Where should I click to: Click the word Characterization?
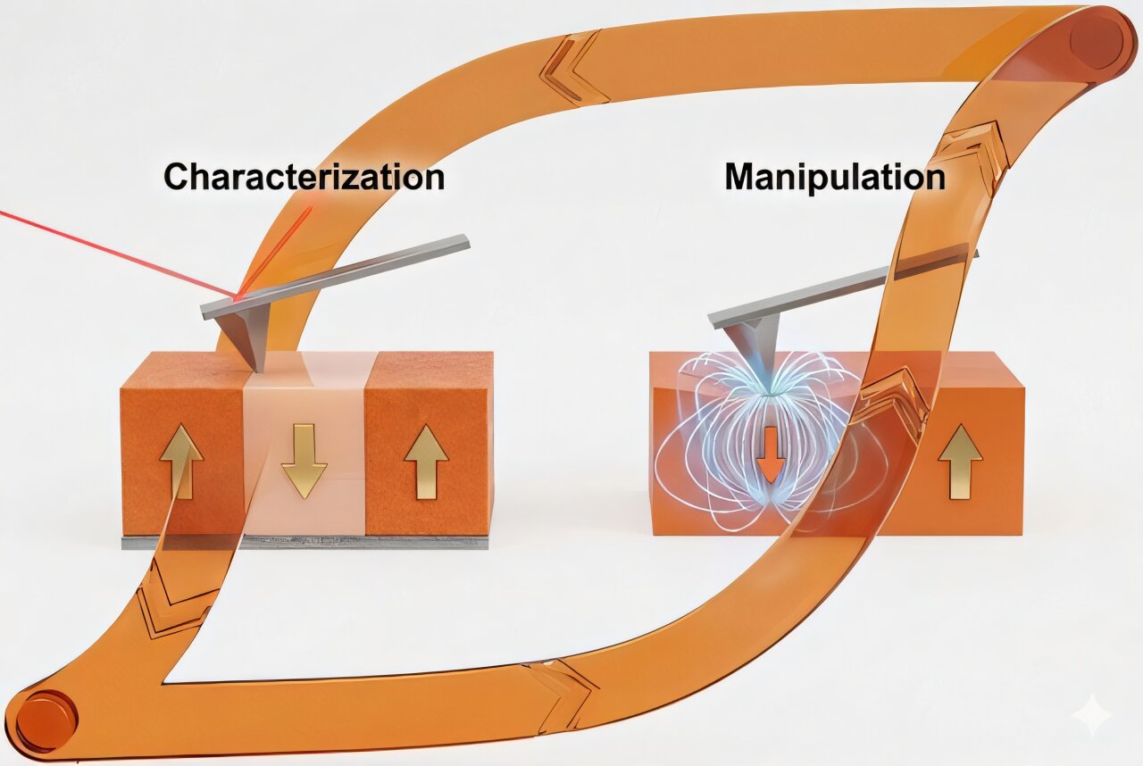pyautogui.click(x=304, y=177)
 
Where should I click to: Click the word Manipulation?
pyautogui.click(x=834, y=177)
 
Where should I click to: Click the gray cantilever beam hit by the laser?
pyautogui.click(x=357, y=271)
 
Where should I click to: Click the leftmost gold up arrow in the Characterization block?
pyautogui.click(x=181, y=461)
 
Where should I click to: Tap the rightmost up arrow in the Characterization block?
pyautogui.click(x=426, y=461)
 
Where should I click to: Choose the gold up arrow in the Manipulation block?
pyautogui.click(x=960, y=461)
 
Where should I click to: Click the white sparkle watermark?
pyautogui.click(x=1095, y=715)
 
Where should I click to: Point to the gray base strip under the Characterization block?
pyautogui.click(x=305, y=542)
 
